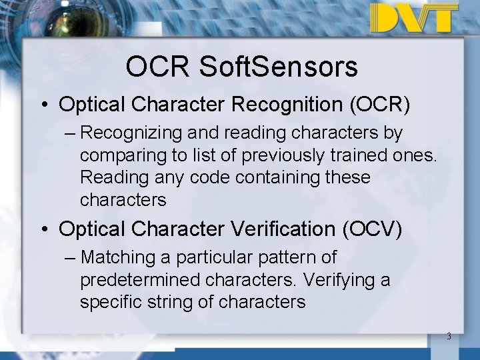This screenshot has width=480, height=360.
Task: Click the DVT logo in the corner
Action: (x=414, y=18)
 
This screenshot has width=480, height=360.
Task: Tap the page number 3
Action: (x=449, y=336)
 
